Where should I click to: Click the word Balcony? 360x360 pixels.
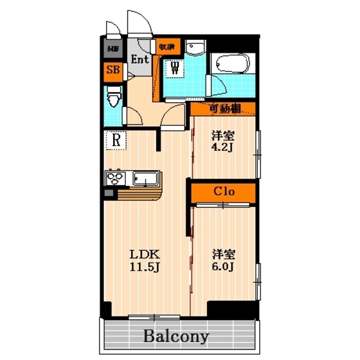175,336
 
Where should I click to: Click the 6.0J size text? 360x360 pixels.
223,266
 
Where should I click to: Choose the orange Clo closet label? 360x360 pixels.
222,192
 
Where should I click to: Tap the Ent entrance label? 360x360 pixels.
139,59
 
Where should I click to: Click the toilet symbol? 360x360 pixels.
114,99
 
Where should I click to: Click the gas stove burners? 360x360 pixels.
116,177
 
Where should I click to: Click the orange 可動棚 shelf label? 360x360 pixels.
224,108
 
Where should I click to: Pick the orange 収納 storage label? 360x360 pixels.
166,46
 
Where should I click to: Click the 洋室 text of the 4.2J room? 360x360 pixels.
223,136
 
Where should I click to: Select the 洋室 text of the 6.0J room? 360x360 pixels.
223,253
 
